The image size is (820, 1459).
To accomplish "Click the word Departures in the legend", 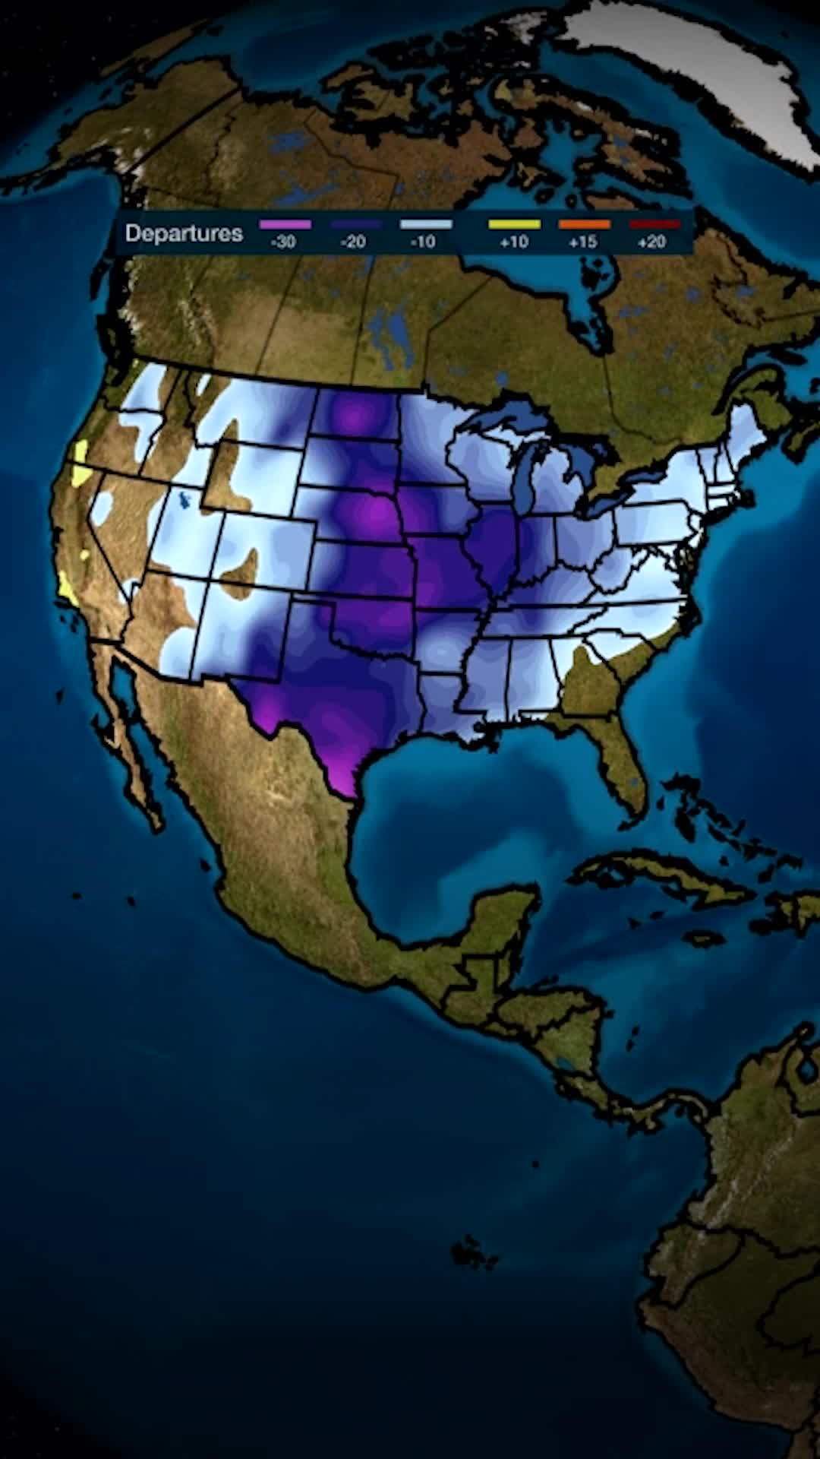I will [184, 233].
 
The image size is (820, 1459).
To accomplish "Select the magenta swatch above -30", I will [285, 224].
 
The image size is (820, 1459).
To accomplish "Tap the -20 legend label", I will [354, 242].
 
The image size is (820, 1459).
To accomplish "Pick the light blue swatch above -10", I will [425, 224].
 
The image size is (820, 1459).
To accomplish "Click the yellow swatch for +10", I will [514, 224].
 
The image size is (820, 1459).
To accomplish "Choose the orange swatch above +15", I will [584, 224].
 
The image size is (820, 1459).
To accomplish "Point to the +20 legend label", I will [651, 242].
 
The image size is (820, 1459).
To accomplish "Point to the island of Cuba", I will [668, 881].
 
